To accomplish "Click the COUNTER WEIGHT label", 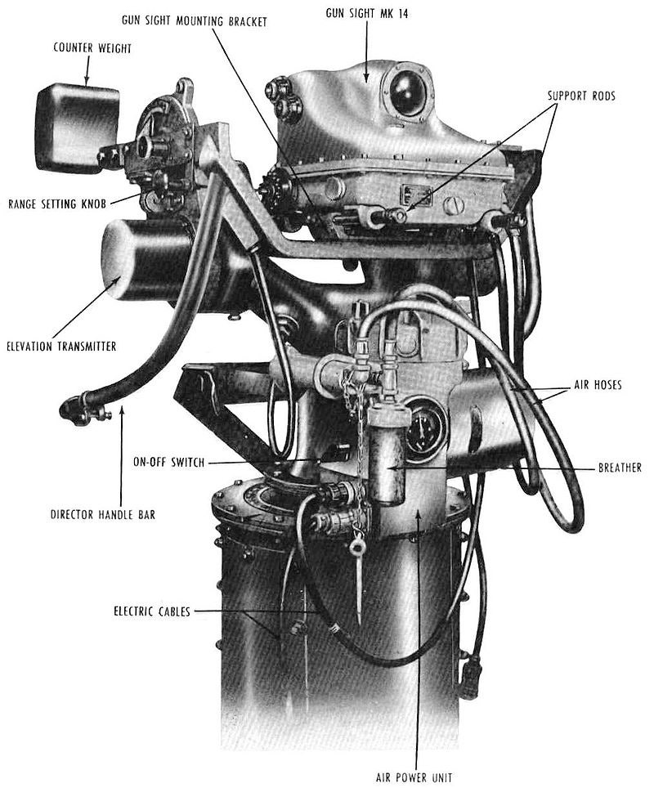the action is click(92, 48).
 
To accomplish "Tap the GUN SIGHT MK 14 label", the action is click(367, 14).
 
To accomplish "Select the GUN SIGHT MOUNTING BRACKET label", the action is click(194, 20).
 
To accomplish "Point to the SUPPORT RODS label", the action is click(581, 96).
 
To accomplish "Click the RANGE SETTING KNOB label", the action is click(57, 204).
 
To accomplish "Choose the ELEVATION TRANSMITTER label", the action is click(61, 347).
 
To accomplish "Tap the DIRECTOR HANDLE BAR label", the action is click(103, 515).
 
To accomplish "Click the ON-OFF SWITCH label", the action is click(169, 462).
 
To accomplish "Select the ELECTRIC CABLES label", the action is click(152, 611).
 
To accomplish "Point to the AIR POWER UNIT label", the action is click(414, 777).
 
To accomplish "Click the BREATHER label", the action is click(620, 468).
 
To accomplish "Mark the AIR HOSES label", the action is click(598, 385).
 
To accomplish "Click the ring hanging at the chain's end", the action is click(357, 546).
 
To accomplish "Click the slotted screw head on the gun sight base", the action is click(452, 205).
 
